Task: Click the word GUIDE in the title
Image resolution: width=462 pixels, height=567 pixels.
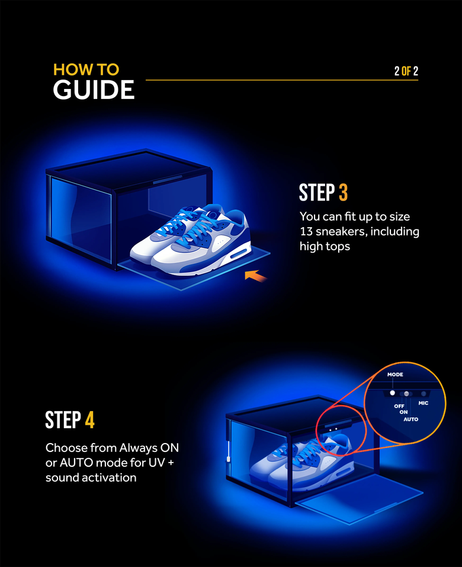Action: point(94,90)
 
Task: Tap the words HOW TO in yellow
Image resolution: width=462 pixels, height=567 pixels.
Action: point(86,69)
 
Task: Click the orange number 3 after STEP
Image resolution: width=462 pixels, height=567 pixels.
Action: point(344,193)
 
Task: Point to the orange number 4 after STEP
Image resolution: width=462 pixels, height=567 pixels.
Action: point(89,420)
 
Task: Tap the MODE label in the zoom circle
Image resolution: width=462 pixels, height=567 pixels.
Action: point(395,375)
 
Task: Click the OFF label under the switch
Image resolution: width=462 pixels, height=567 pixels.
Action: point(399,406)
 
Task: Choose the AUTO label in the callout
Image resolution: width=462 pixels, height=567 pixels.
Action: point(410,419)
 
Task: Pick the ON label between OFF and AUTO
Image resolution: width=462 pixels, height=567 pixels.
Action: point(403,412)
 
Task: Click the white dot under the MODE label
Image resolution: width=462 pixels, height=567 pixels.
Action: point(392,393)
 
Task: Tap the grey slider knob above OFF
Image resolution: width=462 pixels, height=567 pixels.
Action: point(406,393)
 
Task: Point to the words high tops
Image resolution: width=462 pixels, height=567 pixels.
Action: point(325,246)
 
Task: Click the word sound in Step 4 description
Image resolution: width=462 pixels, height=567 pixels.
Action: point(63,477)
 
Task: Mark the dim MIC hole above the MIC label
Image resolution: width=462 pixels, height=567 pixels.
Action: point(423,393)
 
